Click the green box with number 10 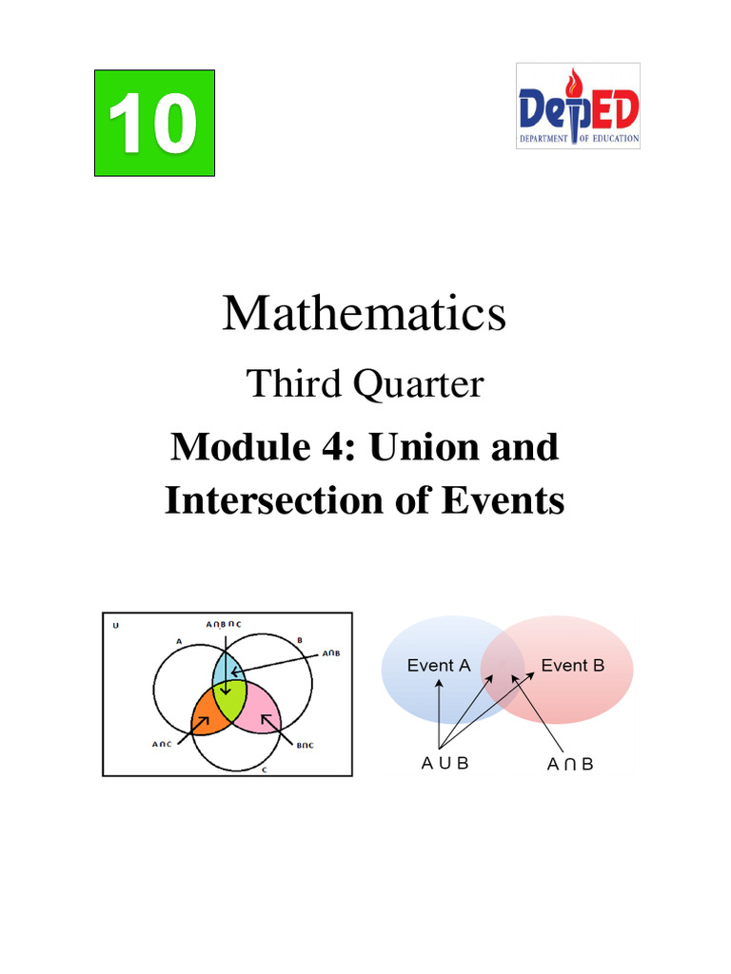[154, 123]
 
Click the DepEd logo [578, 106]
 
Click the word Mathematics [364, 313]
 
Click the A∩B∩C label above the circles [224, 624]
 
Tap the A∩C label [163, 745]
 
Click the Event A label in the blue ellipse [439, 666]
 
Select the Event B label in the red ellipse [573, 666]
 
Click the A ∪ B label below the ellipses [445, 764]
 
